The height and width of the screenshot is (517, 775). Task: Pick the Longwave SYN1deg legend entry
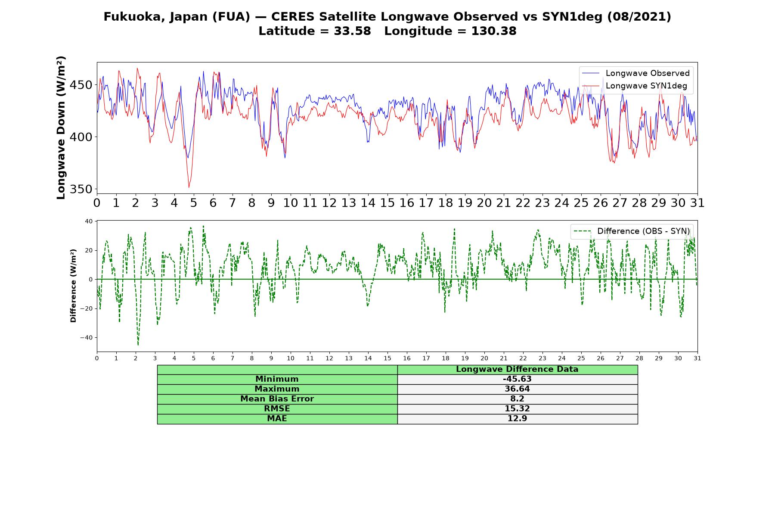[x=635, y=86]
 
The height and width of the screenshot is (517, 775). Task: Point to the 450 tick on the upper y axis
[x=81, y=85]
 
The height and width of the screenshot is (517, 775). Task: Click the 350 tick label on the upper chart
[x=81, y=189]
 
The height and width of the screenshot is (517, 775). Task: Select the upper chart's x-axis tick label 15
[x=387, y=202]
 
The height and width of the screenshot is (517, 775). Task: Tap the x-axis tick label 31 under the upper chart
[x=697, y=202]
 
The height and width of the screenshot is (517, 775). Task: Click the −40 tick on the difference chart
[x=86, y=338]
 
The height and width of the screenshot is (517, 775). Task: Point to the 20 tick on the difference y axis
[x=89, y=250]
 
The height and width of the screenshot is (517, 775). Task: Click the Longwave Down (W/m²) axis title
[x=61, y=128]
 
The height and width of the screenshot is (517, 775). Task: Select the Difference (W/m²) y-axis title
[x=73, y=286]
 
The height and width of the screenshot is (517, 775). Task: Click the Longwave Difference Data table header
[x=517, y=369]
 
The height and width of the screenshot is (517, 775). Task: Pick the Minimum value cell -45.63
[x=517, y=379]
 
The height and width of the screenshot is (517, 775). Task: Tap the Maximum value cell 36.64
[x=517, y=389]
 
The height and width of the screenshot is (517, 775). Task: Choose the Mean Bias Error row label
[x=277, y=399]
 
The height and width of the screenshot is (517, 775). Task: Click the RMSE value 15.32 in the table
[x=517, y=409]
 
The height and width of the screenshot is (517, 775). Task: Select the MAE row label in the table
[x=277, y=419]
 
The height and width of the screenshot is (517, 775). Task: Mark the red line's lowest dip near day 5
[x=189, y=187]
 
